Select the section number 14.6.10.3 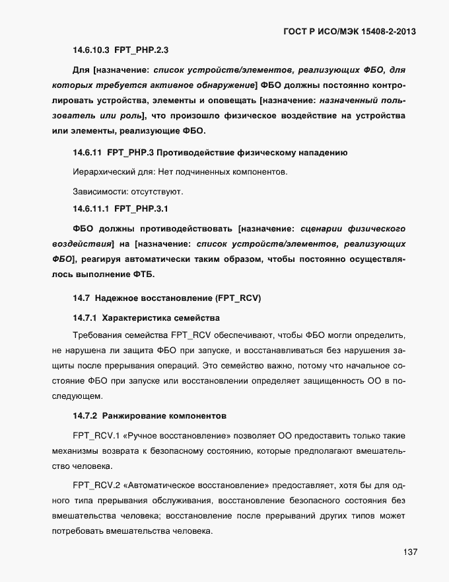(90, 50)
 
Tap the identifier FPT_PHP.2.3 (141, 50)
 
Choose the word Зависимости (98, 192)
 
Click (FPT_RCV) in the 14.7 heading (238, 298)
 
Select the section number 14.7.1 (85, 317)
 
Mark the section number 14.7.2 (85, 417)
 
